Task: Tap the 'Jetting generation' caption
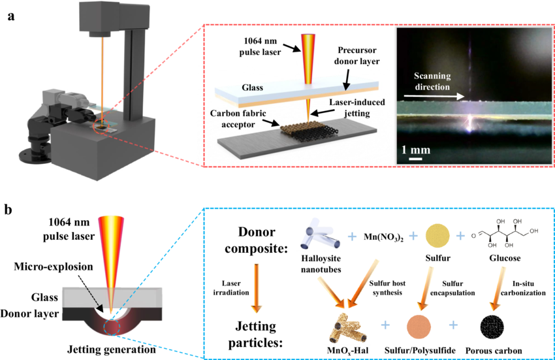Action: coord(108,347)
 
